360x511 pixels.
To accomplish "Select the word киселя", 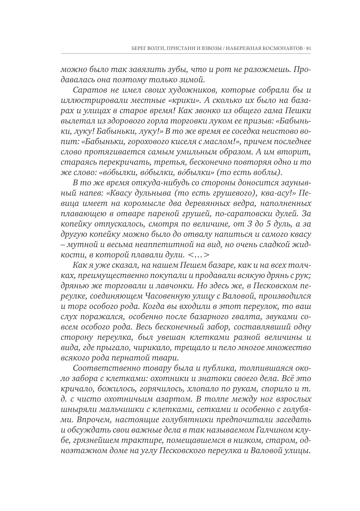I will (190, 141).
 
